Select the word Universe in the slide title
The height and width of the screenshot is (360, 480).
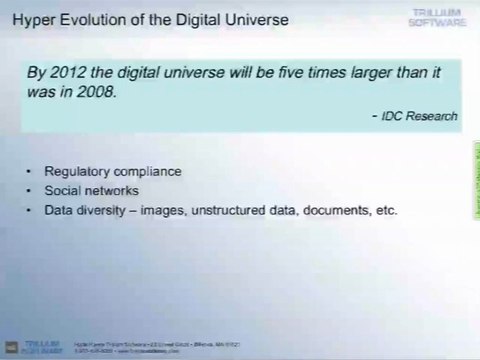click(254, 20)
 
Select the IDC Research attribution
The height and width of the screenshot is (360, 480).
click(419, 116)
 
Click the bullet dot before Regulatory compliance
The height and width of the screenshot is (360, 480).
click(37, 171)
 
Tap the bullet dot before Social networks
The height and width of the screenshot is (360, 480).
click(37, 191)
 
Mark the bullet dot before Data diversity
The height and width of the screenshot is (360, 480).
click(37, 210)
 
